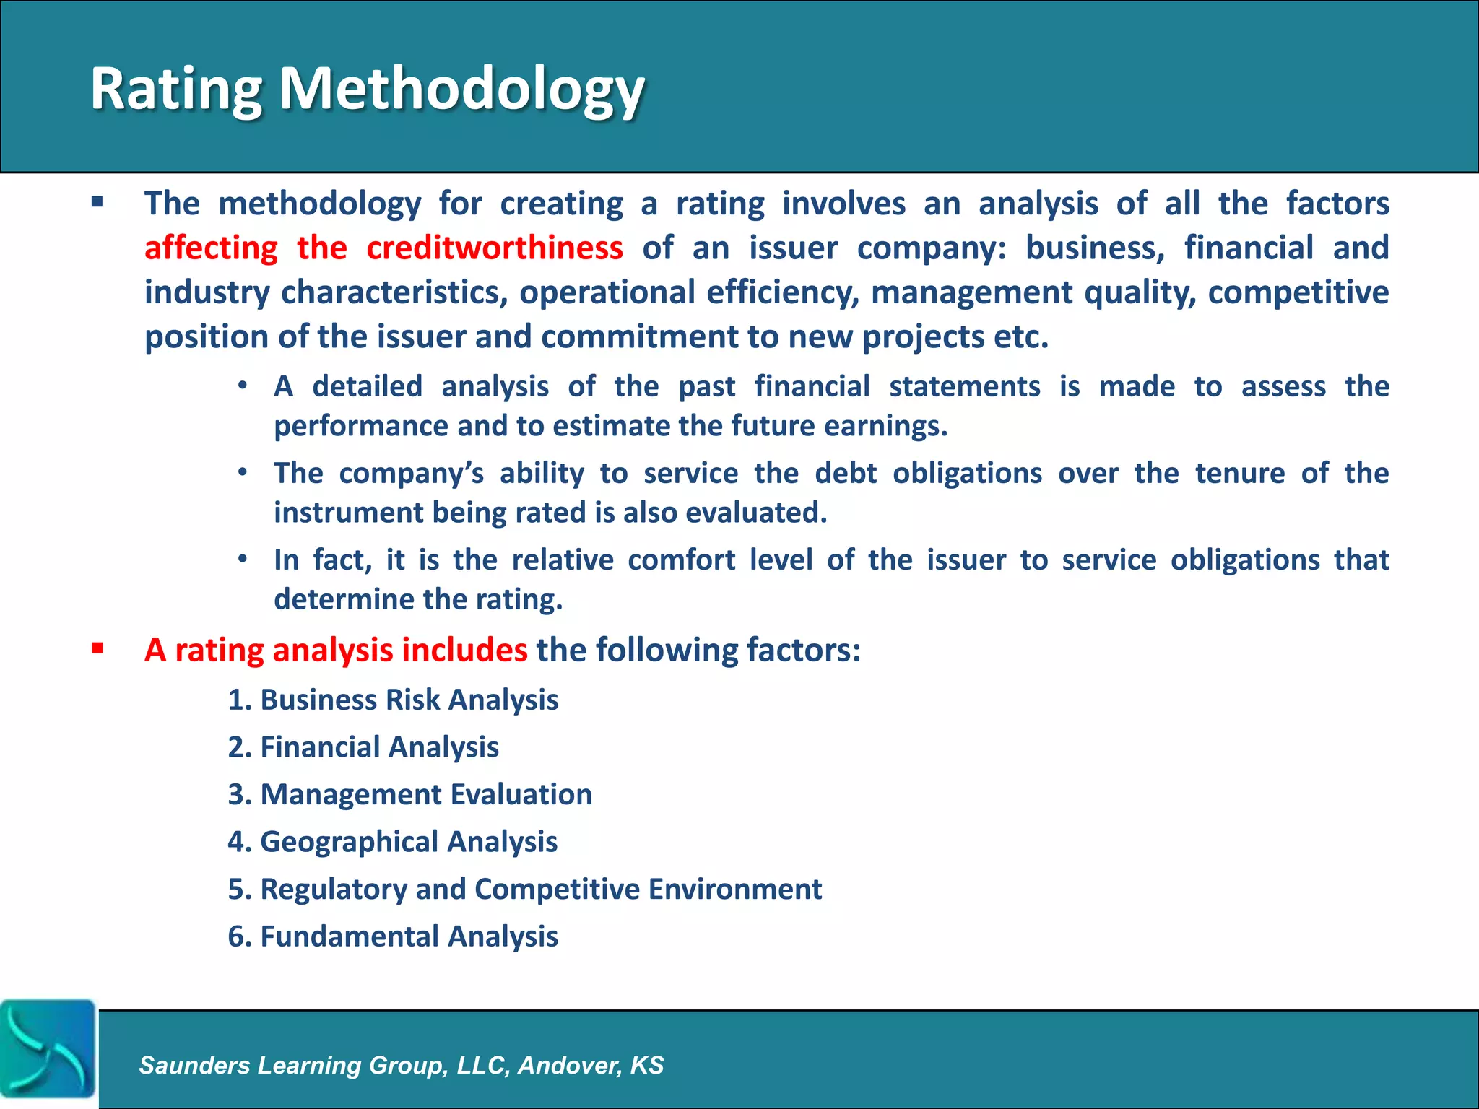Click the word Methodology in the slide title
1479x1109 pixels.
coord(461,90)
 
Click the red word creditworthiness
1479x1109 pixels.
coord(494,248)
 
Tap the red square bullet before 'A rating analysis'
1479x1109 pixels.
coord(97,648)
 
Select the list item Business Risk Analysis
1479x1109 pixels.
coord(394,700)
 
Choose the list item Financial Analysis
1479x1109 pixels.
coord(363,747)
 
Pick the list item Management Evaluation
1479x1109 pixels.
coord(410,794)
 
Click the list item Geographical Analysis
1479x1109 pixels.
coord(393,842)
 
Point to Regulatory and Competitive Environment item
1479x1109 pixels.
coord(525,889)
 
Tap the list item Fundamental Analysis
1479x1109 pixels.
coord(393,936)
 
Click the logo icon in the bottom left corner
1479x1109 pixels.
coord(48,1048)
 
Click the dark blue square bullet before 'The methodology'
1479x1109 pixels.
coord(97,201)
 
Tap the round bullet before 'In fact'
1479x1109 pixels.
coord(243,558)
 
